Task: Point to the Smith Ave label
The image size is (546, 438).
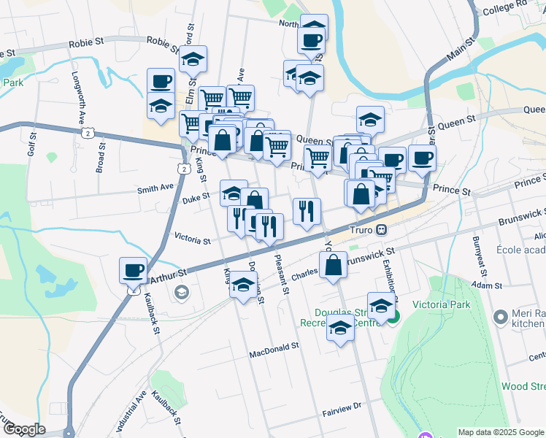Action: [155, 189]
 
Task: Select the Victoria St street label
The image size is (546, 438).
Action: [193, 239]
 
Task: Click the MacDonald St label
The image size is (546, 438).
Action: [274, 346]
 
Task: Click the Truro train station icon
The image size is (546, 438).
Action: [381, 229]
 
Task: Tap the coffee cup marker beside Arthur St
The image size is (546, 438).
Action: [134, 271]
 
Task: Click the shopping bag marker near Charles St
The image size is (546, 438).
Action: [333, 266]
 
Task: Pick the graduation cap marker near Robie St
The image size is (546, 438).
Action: [193, 61]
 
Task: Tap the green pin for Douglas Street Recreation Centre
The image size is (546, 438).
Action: [394, 317]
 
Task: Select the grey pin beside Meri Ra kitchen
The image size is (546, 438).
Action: [501, 318]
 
